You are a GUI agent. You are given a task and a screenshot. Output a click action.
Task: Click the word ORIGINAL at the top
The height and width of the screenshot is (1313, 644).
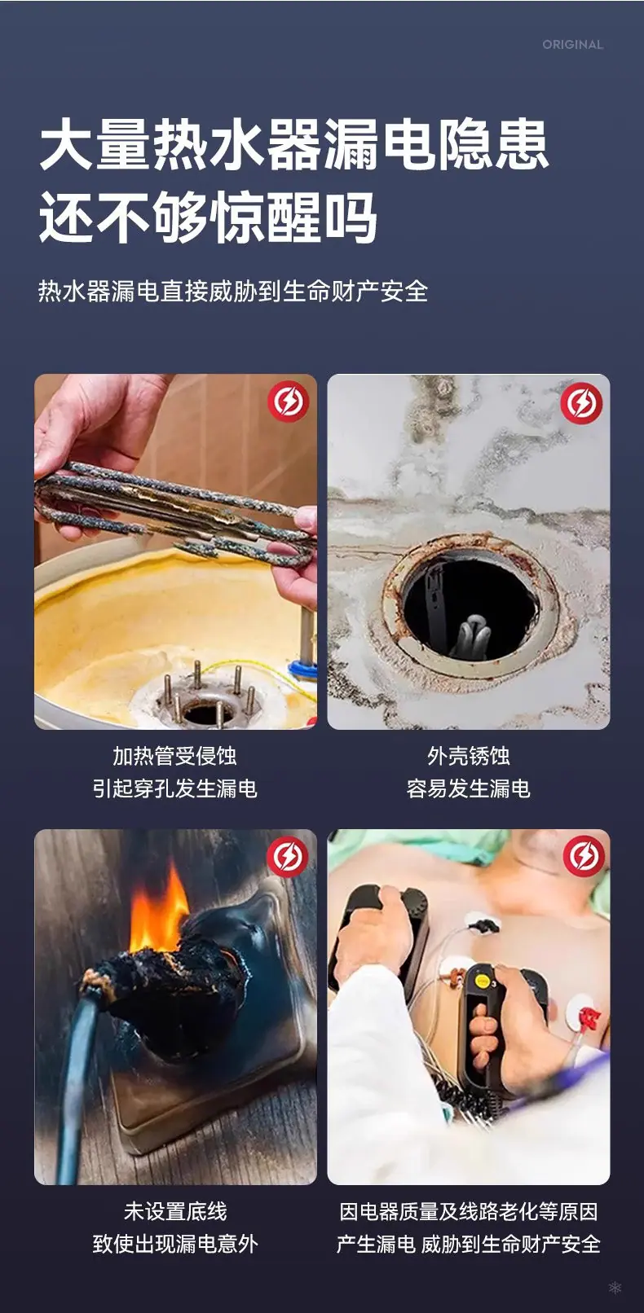click(x=572, y=45)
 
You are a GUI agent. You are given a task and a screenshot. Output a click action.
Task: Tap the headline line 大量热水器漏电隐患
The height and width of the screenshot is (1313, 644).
click(x=293, y=145)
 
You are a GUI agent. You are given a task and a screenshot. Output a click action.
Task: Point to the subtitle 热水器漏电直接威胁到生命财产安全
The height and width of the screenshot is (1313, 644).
click(x=233, y=292)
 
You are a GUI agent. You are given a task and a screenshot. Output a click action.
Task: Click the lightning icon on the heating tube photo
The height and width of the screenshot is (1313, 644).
click(x=289, y=402)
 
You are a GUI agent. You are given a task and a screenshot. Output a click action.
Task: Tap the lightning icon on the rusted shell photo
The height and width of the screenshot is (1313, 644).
click(x=581, y=402)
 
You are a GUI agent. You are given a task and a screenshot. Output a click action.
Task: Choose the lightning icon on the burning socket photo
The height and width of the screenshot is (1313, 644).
click(x=288, y=856)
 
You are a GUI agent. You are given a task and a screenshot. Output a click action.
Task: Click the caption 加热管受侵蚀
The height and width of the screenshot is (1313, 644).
click(x=174, y=756)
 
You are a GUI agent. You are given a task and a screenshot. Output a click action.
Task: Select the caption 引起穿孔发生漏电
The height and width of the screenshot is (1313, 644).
click(x=174, y=789)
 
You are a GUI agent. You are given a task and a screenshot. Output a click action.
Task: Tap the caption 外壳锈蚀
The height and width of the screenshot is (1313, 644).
click(x=468, y=756)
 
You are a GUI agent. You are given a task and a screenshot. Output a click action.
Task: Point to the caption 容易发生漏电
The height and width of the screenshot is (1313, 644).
click(x=468, y=789)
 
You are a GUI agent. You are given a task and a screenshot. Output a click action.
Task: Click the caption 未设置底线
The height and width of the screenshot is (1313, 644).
click(x=174, y=1211)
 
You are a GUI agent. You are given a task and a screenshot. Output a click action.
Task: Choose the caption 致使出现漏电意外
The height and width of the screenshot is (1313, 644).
click(x=174, y=1244)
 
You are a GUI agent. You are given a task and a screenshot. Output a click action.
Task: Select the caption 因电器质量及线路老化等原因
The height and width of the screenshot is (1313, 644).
click(x=468, y=1211)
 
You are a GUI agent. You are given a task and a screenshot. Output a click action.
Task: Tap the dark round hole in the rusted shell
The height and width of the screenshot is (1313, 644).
click(x=470, y=609)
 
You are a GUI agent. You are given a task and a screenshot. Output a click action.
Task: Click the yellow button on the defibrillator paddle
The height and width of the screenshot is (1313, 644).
click(x=483, y=980)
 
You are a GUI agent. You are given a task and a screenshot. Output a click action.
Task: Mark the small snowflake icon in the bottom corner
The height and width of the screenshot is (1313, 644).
click(x=615, y=1287)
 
